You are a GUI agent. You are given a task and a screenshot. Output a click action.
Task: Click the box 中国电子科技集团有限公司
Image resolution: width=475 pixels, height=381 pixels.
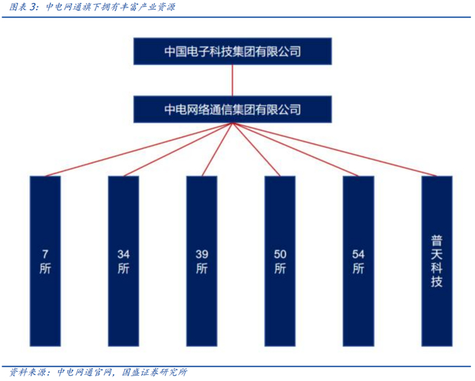pos(233,51)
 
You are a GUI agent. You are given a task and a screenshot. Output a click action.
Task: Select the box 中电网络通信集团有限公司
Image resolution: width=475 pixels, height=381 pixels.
pos(233,109)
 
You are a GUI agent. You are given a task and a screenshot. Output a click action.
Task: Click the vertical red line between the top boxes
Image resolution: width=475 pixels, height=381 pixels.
pos(233,80)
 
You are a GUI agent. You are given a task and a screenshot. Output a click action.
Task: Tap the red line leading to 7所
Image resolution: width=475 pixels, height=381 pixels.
pos(139,150)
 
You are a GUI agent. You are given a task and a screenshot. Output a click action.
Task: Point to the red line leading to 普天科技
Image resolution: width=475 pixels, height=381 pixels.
pos(334,150)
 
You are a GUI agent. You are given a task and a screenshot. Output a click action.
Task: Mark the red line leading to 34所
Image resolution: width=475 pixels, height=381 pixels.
pos(178,150)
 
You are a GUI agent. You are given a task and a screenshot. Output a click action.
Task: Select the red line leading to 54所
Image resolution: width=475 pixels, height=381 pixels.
pos(295,150)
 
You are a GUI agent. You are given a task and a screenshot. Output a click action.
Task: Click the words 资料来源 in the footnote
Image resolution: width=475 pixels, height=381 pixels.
pos(27,372)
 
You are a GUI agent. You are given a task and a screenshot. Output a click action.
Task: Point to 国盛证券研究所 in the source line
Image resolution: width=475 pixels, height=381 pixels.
pos(154,372)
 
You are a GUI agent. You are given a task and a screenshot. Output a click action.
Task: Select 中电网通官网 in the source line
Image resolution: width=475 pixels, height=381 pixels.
pos(84,372)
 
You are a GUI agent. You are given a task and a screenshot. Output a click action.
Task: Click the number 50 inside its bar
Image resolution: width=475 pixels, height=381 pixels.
pos(280,254)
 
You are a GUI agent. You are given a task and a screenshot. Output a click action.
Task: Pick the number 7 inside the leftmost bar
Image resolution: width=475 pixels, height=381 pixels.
pos(45,254)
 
